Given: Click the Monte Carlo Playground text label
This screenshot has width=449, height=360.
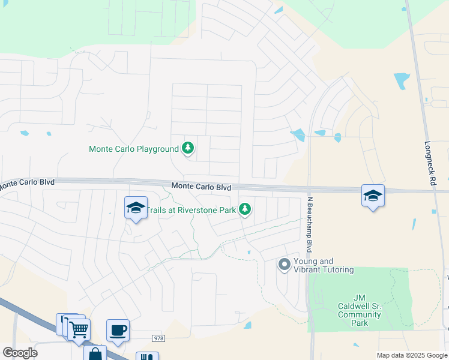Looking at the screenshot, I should pos(134,149).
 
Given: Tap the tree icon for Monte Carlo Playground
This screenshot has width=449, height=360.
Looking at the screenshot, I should pos(188,148).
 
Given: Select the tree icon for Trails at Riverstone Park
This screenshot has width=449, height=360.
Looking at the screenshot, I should pos(244,209).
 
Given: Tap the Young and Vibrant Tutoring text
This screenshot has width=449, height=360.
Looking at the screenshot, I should pos(324,265).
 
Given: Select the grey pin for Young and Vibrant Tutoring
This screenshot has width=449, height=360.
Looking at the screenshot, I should pos(285,263).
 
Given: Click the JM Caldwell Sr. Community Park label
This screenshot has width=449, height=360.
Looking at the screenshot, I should pos(359,314).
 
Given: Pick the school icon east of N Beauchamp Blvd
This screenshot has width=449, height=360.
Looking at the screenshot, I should pos(373,196).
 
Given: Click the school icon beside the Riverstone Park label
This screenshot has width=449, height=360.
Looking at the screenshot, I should pos(136,208).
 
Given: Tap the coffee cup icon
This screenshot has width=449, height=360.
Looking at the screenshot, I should pos(118,329).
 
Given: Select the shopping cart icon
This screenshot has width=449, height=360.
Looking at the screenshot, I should pos(79,329).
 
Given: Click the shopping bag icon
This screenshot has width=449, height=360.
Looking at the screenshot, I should pos(95,354).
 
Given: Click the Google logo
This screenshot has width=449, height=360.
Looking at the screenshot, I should pos(20,353).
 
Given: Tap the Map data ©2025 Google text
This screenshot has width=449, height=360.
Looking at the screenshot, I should pos(411,355).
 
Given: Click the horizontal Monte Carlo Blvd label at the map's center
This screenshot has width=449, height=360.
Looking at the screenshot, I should pos(201,187).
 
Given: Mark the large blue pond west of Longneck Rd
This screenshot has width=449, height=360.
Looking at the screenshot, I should pos(402,80).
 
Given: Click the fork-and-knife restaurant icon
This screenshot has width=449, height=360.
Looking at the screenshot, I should pos(147,357).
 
